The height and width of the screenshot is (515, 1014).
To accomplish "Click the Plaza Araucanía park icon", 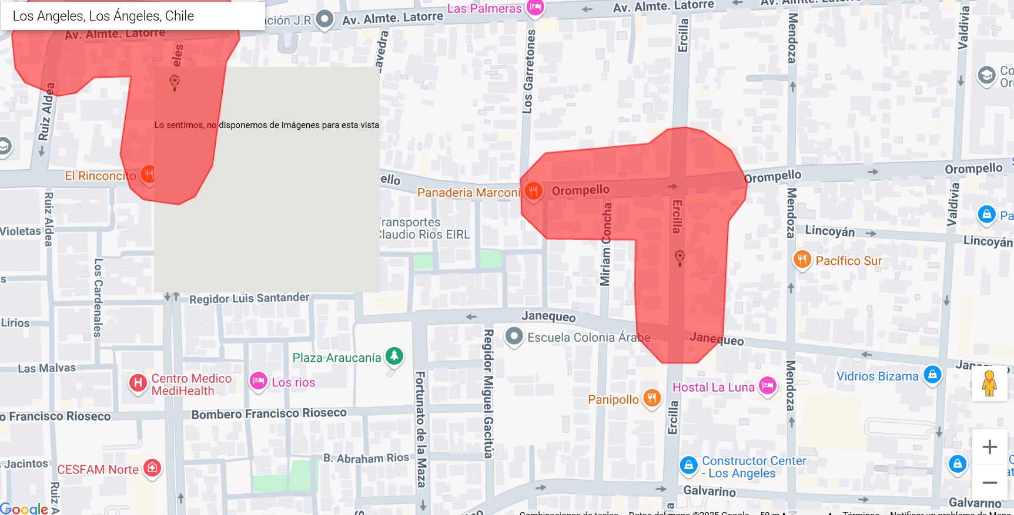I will (x=394, y=356).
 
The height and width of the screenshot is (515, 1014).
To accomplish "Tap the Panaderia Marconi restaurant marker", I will (x=533, y=191).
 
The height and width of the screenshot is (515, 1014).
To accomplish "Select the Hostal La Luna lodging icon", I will (x=767, y=386).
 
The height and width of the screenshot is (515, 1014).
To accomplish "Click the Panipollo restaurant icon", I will (x=651, y=398).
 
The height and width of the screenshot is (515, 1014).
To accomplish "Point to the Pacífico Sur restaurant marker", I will (x=802, y=259).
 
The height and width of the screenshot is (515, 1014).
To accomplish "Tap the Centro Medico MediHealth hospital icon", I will (x=138, y=383).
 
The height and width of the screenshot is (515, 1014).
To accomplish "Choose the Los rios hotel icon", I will (x=258, y=381).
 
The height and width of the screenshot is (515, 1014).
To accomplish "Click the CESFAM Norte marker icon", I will (x=152, y=468).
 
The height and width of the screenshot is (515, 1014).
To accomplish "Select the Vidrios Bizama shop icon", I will (x=932, y=375).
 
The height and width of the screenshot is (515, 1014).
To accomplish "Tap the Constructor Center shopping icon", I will (x=688, y=466).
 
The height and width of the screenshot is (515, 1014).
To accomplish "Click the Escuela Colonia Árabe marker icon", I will (x=514, y=336).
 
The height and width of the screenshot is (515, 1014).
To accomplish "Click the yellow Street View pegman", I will (x=989, y=383).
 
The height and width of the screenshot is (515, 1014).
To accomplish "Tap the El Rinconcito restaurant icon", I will (x=148, y=174).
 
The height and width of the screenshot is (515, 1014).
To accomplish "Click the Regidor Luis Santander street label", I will (x=249, y=298).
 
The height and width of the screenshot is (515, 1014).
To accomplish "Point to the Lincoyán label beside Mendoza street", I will (x=829, y=231).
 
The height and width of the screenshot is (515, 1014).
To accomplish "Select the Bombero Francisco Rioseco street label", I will (x=269, y=413).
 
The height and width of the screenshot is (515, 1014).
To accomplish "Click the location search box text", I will (x=103, y=16).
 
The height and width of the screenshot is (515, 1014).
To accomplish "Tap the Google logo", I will (x=24, y=508).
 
